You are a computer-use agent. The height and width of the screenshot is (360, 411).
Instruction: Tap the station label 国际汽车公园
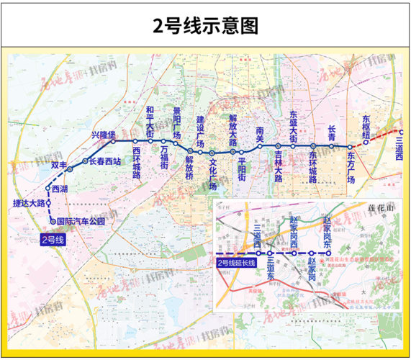pyautogui.click(x=80, y=222)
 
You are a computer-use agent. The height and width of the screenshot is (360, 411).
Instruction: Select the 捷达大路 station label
pyautogui.click(x=30, y=204)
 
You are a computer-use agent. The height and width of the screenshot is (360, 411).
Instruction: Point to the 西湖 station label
pyautogui.click(x=60, y=189)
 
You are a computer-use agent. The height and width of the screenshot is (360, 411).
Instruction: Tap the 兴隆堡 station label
pyautogui.click(x=101, y=134)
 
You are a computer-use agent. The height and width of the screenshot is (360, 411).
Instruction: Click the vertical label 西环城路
pyautogui.click(x=137, y=163)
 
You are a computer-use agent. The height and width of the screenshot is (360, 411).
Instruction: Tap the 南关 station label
pyautogui.click(x=260, y=132)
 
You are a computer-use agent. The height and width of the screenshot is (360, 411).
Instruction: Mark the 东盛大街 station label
pyautogui.click(x=293, y=125)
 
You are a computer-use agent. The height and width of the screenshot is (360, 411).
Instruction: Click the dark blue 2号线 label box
pyautogui.click(x=53, y=240)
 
